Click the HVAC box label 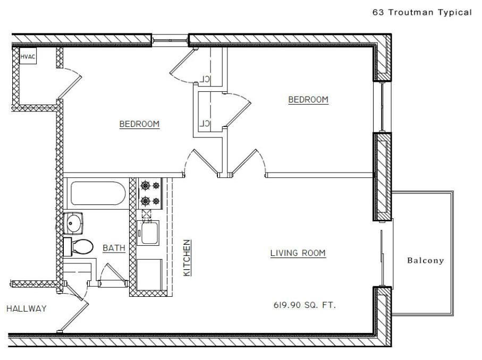(x=28, y=57)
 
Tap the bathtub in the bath (x=98, y=193)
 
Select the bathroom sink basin (x=73, y=223)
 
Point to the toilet (x=78, y=247)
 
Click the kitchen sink (x=148, y=233)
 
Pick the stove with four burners (x=150, y=193)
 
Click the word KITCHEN (x=187, y=258)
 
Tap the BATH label (x=114, y=248)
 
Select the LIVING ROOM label (x=298, y=253)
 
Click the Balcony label (x=426, y=261)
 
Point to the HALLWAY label (x=27, y=308)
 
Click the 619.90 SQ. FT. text (x=305, y=305)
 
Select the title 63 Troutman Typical (x=422, y=12)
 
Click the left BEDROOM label (x=140, y=124)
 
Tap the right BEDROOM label (x=308, y=99)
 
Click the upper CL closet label (x=205, y=79)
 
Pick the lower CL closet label (x=205, y=124)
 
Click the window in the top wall (x=170, y=40)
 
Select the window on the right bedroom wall (x=382, y=107)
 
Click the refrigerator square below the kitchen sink (x=149, y=275)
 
